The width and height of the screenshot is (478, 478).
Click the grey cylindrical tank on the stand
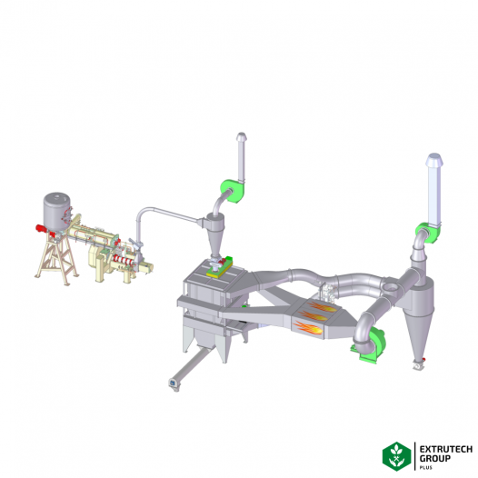point(56,211)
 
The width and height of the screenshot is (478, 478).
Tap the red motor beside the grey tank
point(41,228)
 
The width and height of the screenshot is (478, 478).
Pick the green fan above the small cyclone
point(233,191)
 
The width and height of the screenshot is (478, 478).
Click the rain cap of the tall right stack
point(434,160)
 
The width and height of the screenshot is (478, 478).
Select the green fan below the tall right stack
point(428,233)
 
